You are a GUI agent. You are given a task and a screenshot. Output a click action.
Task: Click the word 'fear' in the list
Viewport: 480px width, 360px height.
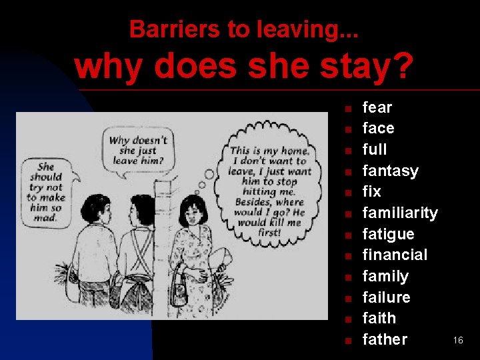pos(377,107)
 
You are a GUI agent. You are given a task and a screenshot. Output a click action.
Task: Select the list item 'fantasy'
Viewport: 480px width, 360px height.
pos(390,171)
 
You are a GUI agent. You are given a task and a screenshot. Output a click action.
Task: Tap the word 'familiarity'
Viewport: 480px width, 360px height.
pos(399,213)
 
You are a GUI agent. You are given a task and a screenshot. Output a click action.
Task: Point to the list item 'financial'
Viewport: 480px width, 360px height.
pos(394,255)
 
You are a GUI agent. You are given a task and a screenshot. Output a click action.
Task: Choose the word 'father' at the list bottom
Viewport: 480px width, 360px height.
pos(384,339)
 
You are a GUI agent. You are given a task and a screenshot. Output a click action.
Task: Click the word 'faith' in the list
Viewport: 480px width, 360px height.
pos(379,318)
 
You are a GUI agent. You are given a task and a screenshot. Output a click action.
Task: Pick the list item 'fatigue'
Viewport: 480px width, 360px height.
pos(388,234)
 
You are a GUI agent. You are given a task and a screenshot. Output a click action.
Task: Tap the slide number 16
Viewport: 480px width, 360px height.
pos(458,341)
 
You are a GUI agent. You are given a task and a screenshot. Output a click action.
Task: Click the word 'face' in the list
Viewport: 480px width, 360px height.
pos(378,128)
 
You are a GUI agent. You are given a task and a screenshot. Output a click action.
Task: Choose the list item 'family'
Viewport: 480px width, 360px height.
pos(385,276)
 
